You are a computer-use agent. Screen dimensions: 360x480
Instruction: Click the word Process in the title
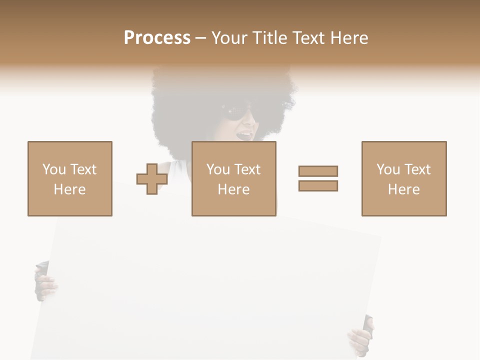point(157,38)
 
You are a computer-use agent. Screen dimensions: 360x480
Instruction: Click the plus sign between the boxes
point(152,179)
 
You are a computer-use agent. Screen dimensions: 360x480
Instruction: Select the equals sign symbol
point(318,178)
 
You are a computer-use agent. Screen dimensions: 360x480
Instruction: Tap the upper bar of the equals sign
point(318,171)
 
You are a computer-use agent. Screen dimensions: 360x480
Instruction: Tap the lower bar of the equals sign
point(318,186)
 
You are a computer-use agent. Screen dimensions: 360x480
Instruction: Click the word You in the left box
point(53,169)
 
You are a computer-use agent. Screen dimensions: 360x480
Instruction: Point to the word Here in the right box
point(403,189)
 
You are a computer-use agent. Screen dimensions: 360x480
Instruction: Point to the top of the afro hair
point(220,75)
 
